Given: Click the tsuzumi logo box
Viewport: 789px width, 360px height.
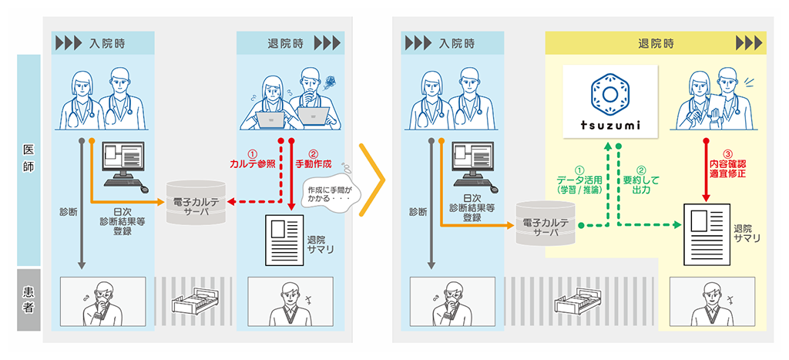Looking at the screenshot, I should tap(609, 100).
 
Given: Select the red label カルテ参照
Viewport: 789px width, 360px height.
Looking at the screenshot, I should tap(252, 164).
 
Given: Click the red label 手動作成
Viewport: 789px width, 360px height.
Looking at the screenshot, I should tap(312, 164).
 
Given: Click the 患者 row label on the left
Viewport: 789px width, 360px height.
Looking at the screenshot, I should tap(28, 299).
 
